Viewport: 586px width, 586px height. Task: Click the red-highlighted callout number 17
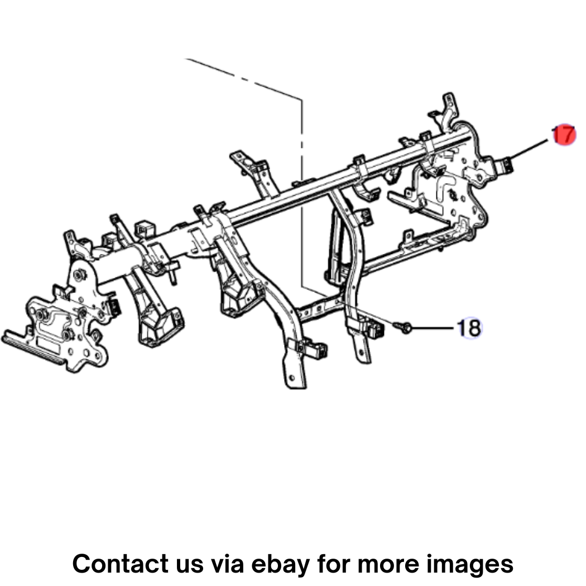click(564, 135)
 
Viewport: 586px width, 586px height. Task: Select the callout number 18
click(470, 328)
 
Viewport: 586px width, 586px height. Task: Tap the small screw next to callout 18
click(402, 328)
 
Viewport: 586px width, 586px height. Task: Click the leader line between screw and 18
click(433, 328)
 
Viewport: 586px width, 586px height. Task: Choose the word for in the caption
click(334, 564)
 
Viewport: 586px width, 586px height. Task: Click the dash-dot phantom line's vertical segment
click(302, 194)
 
